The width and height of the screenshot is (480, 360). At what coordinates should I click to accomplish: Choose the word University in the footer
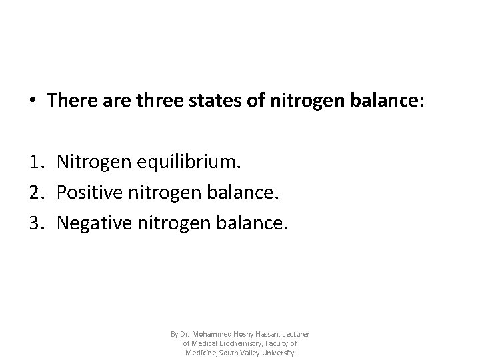pyautogui.click(x=279, y=352)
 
